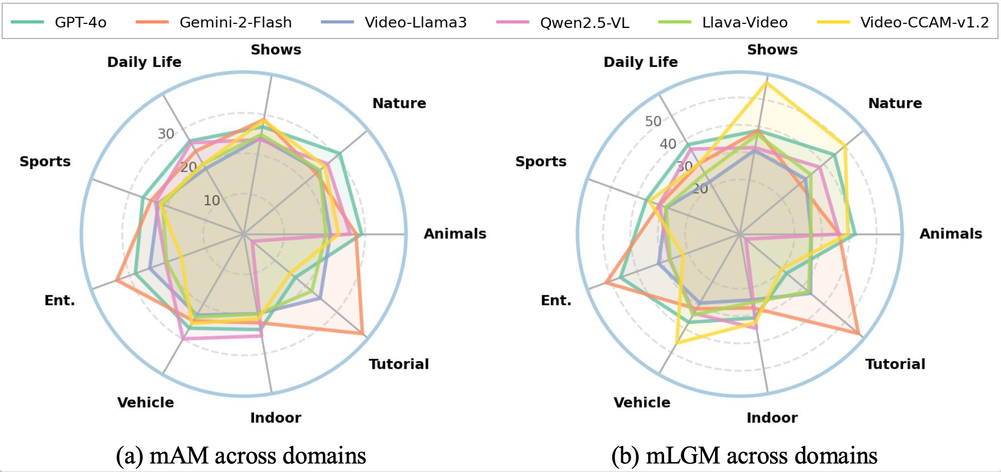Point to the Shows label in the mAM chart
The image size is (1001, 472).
(x=276, y=50)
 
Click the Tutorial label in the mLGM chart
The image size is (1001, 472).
(x=895, y=364)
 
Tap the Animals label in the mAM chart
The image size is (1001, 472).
(x=455, y=234)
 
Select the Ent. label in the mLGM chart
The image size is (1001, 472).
(x=556, y=300)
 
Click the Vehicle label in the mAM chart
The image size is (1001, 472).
(x=146, y=403)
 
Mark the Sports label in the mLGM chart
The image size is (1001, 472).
(x=541, y=162)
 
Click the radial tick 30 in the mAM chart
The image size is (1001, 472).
(x=166, y=134)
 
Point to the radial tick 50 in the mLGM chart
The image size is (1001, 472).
(x=653, y=121)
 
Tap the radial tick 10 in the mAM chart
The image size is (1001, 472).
(x=212, y=201)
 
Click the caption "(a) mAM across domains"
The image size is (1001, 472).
(x=241, y=456)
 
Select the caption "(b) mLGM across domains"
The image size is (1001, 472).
(x=744, y=456)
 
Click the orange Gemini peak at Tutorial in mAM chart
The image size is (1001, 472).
(x=362, y=333)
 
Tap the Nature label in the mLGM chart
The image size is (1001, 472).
(x=895, y=103)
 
